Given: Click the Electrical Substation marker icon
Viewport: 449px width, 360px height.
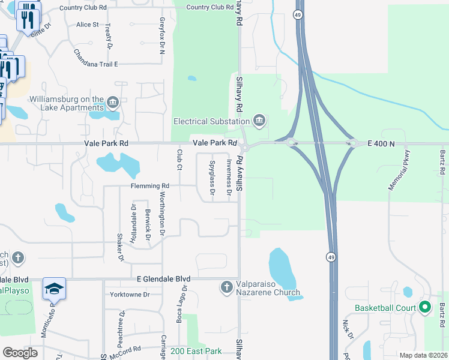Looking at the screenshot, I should pyautogui.click(x=259, y=121).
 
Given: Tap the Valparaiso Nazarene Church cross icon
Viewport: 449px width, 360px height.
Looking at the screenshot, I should pyautogui.click(x=227, y=288).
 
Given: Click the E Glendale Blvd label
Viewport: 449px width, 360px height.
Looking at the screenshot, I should pyautogui.click(x=163, y=280).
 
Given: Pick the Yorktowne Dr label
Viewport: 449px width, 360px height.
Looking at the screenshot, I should pyautogui.click(x=129, y=295).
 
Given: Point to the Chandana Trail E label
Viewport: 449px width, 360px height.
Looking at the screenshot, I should pyautogui.click(x=96, y=64).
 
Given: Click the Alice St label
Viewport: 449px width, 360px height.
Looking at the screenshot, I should pyautogui.click(x=87, y=25).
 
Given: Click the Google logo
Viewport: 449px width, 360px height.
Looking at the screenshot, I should pyautogui.click(x=20, y=353).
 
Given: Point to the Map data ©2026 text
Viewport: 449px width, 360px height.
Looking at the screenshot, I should pyautogui.click(x=423, y=355).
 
